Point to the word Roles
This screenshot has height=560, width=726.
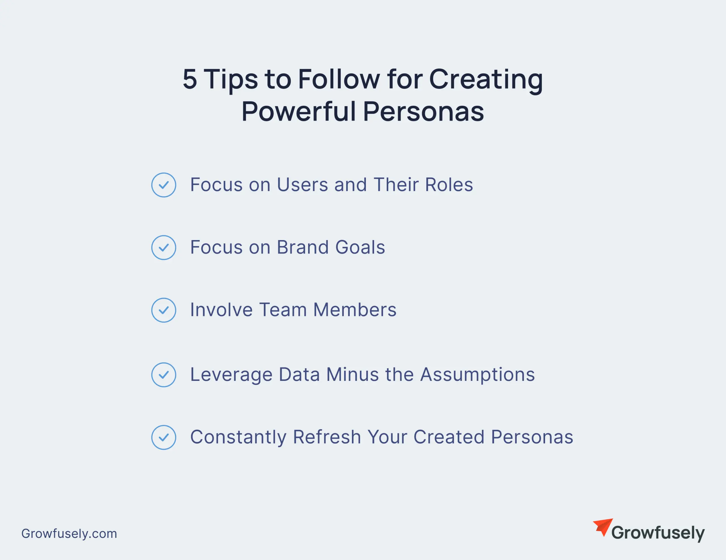coord(449,185)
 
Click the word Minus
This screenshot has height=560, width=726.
coord(353,375)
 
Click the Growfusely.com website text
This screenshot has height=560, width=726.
coord(69,534)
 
